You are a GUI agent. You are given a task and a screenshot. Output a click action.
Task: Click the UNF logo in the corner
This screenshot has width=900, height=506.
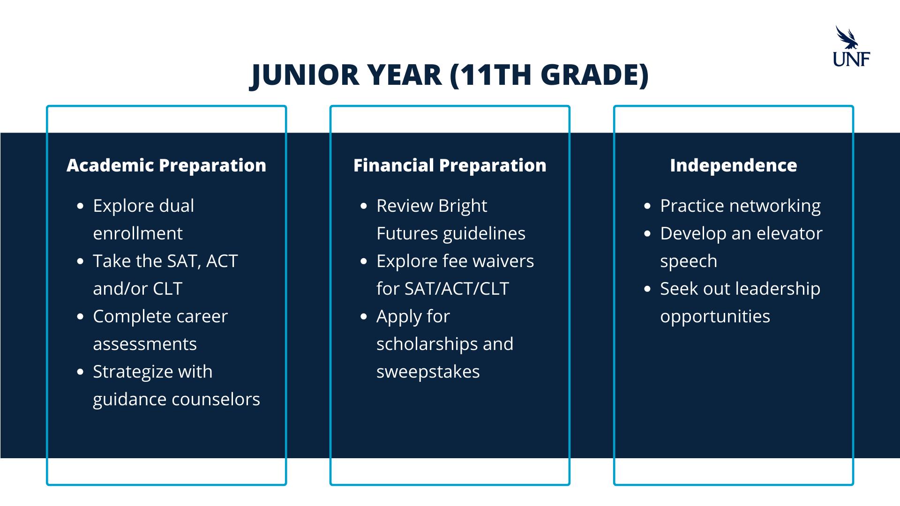(x=851, y=46)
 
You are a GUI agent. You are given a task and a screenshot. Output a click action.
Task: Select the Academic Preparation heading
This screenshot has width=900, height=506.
(x=166, y=165)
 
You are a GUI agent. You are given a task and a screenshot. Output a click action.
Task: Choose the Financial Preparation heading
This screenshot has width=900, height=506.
(x=450, y=165)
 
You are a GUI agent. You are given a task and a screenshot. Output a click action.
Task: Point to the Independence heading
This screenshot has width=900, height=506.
(x=734, y=165)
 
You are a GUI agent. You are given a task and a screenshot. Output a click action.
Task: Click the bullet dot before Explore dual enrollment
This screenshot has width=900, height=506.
(x=81, y=206)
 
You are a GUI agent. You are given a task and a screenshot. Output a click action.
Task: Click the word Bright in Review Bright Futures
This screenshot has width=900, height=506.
(x=463, y=206)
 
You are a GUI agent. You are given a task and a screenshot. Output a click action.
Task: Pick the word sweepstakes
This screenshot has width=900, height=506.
(x=428, y=372)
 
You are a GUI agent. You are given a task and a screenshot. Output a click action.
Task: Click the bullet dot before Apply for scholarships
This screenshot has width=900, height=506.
(x=364, y=317)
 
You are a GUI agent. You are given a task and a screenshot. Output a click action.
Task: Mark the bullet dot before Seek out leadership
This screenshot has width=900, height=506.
(x=648, y=289)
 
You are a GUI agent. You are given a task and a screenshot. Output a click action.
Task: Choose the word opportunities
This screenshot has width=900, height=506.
(x=715, y=317)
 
